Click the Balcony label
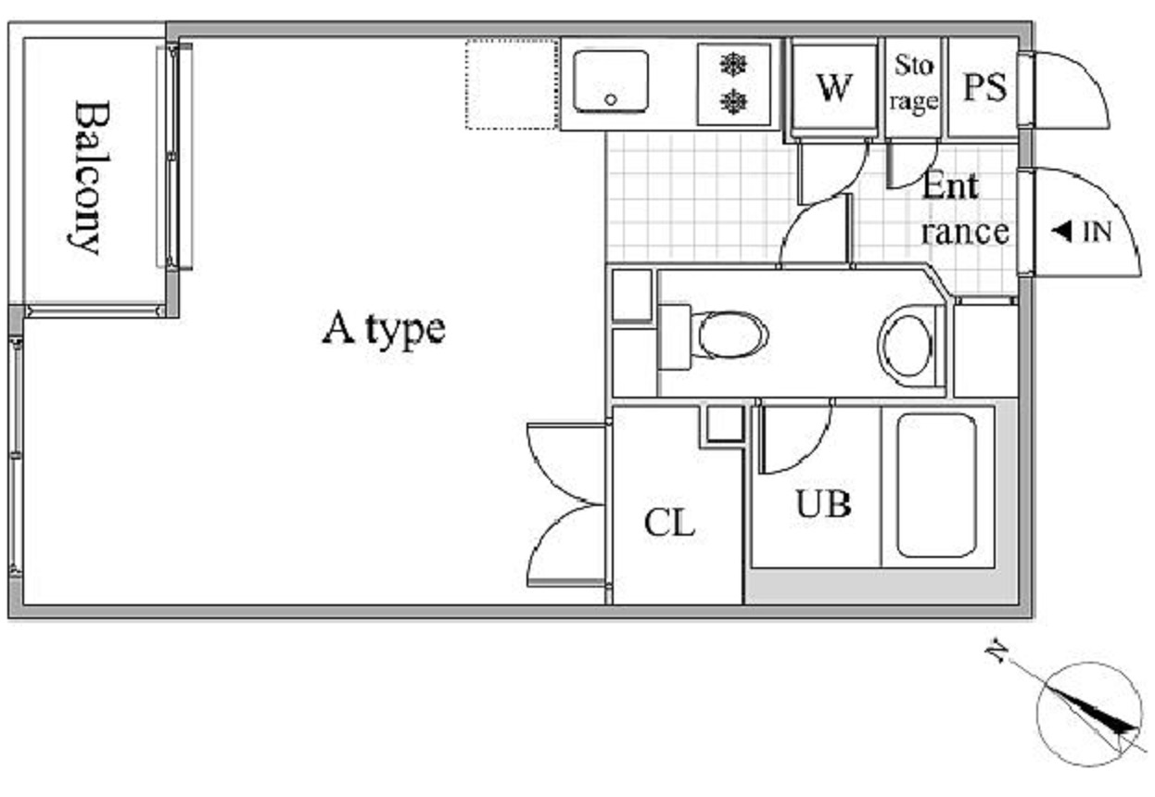[x=90, y=178]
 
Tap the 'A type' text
[x=384, y=329]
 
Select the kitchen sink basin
[x=611, y=81]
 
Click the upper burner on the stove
[x=733, y=65]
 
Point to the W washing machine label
[x=833, y=88]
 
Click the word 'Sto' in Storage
[x=914, y=66]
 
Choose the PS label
[x=984, y=87]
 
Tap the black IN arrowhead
[x=1061, y=231]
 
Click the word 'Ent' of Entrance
[x=949, y=185]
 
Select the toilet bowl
[x=733, y=334]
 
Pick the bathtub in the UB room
[x=936, y=486]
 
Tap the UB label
[x=823, y=503]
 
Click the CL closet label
[x=669, y=523]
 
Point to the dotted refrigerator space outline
[x=512, y=84]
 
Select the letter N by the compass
[x=997, y=652]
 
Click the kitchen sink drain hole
[x=611, y=99]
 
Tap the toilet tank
[x=675, y=336]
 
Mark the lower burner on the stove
[x=733, y=102]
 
